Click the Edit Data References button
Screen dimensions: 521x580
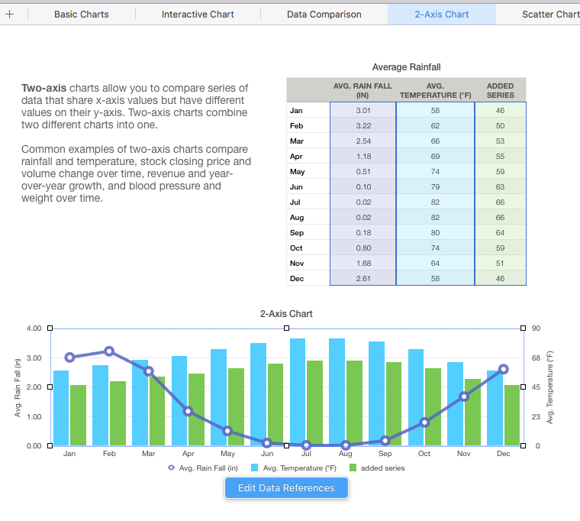point(286,488)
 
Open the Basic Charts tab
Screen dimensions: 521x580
point(82,15)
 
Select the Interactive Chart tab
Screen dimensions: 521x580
point(198,15)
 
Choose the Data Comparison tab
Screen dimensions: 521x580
point(324,15)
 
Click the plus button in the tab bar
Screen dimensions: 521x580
point(10,15)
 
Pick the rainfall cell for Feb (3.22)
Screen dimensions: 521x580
point(363,126)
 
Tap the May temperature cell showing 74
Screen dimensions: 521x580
point(435,172)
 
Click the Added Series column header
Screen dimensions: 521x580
point(500,90)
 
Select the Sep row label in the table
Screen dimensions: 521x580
point(297,233)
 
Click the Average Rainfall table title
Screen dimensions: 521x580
point(406,68)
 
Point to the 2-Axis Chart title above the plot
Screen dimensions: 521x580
point(286,314)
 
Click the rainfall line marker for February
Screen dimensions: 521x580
point(109,351)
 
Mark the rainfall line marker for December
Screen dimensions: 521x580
point(504,369)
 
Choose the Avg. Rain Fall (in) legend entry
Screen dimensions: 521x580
point(203,468)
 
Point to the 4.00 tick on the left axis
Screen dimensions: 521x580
point(33,328)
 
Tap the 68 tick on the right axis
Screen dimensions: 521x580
point(536,358)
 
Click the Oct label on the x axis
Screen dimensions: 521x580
point(424,454)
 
